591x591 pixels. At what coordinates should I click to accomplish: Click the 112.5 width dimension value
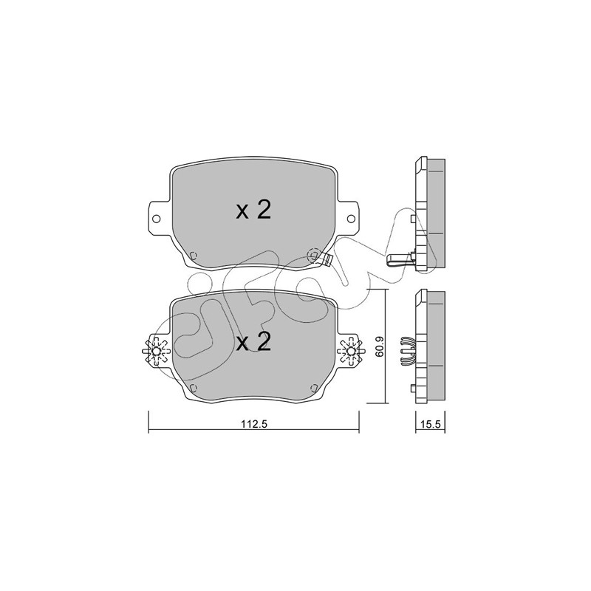click(253, 423)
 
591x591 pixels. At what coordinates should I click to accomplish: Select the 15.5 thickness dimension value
click(431, 424)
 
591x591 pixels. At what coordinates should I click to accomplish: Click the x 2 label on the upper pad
click(253, 211)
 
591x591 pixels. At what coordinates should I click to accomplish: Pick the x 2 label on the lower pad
click(253, 342)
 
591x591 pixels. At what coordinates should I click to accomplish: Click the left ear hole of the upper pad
click(156, 219)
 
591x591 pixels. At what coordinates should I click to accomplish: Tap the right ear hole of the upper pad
click(350, 219)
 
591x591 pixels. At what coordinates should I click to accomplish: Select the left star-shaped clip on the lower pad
click(156, 352)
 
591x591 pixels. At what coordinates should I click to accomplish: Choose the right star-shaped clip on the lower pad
click(351, 352)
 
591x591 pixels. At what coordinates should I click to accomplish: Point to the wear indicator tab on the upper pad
click(327, 259)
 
